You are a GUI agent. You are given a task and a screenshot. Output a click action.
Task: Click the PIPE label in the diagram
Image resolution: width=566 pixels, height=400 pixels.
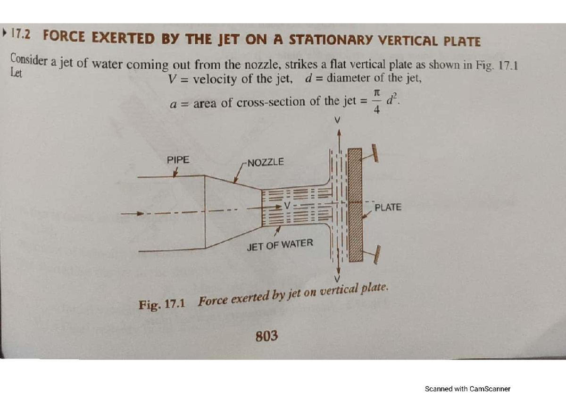[x=178, y=160]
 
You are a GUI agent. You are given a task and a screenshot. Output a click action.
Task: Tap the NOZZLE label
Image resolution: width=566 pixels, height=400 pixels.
[x=266, y=162]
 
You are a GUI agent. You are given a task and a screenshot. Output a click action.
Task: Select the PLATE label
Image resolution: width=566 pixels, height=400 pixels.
[x=388, y=207]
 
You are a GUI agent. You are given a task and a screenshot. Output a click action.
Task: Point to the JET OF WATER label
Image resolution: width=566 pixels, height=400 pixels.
[x=280, y=245]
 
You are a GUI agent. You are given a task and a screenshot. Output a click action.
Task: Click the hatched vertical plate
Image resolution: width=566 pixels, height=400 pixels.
[x=355, y=205]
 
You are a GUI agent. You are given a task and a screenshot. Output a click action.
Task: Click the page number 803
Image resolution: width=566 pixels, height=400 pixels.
[x=266, y=336]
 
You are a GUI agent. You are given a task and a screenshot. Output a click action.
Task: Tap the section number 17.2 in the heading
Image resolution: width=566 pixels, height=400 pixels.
[x=21, y=34]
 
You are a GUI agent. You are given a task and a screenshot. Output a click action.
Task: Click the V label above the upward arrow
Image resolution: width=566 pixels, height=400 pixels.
[x=337, y=120]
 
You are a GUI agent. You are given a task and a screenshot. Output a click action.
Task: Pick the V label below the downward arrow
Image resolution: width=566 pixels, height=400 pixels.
[x=337, y=279]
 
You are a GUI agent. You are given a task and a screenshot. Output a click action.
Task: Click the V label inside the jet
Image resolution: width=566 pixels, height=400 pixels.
[x=287, y=206]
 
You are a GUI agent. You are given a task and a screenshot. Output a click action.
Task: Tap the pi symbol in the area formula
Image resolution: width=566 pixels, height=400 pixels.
[x=376, y=93]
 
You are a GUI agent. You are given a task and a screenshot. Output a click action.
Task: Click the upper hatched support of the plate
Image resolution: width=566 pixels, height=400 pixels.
[x=375, y=153]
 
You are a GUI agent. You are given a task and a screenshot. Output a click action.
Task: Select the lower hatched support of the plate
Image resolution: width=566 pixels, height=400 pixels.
[x=377, y=255]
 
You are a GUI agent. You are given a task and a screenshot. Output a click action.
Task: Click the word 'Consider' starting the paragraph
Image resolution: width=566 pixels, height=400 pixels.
[x=29, y=59]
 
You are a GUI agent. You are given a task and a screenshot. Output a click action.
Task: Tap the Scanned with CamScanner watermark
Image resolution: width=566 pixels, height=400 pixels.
[x=467, y=389]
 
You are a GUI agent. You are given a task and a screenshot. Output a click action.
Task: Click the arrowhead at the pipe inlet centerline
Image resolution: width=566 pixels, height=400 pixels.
[x=140, y=214]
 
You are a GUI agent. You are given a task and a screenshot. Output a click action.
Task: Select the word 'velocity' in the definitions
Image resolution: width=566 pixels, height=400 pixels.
[x=215, y=79]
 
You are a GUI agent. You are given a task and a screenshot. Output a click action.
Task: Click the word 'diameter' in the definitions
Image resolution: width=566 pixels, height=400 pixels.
[x=348, y=77]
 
